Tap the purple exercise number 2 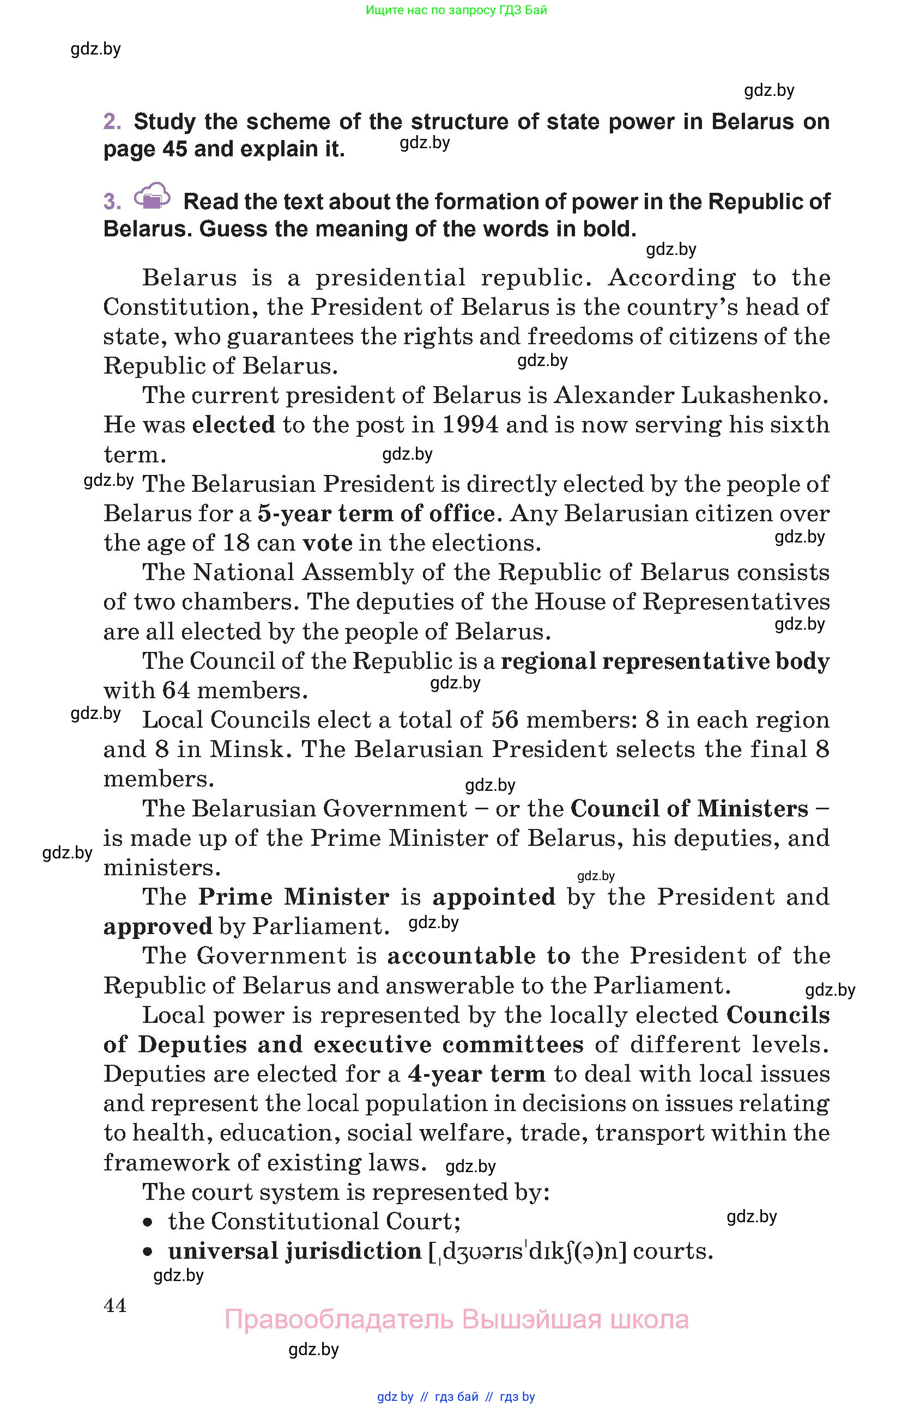(111, 121)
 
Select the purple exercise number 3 (111, 202)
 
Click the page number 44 (115, 1305)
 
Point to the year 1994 (470, 424)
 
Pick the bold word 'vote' (327, 542)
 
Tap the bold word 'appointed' (493, 896)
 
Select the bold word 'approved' (158, 926)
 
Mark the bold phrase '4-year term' (476, 1073)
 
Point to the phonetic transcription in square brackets (527, 1251)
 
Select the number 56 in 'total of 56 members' (504, 720)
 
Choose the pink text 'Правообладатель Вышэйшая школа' (456, 1319)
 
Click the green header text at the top (456, 10)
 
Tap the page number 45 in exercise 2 (175, 149)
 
